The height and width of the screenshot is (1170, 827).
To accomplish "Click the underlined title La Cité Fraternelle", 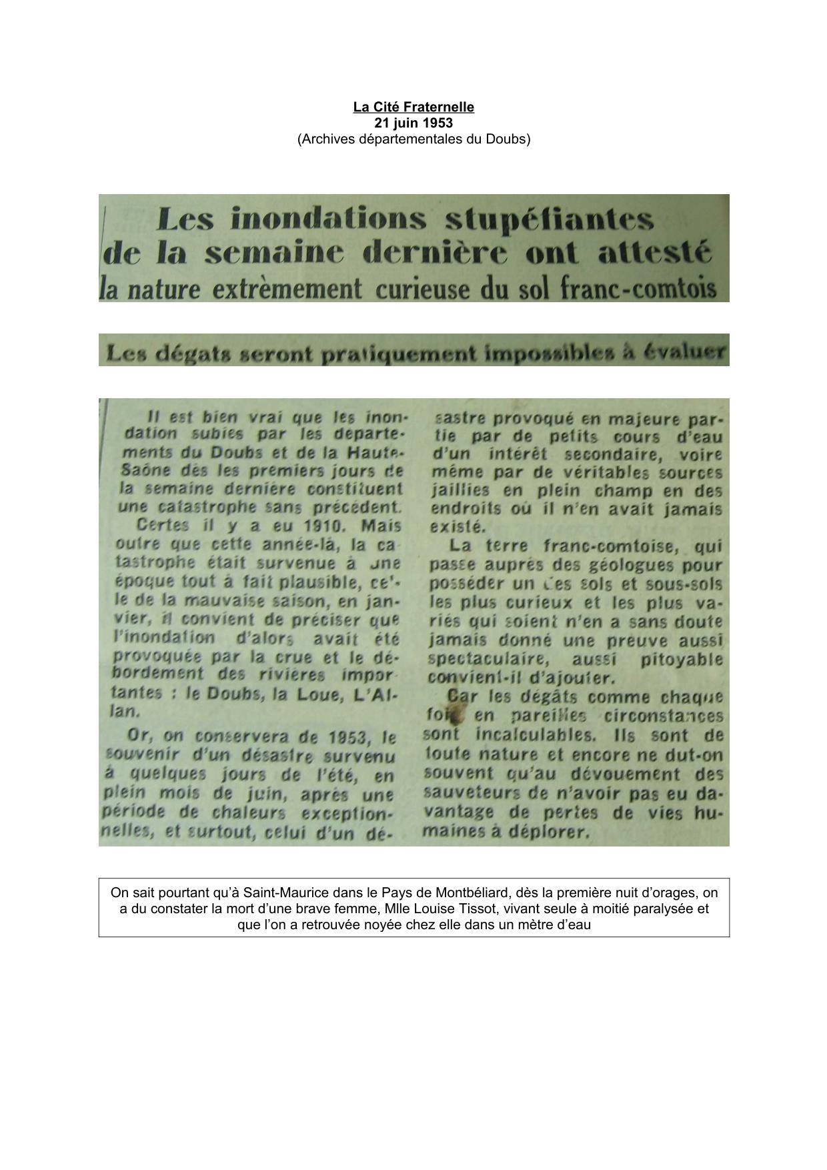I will tap(414, 107).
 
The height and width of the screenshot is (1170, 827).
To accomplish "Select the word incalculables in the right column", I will tap(534, 735).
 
